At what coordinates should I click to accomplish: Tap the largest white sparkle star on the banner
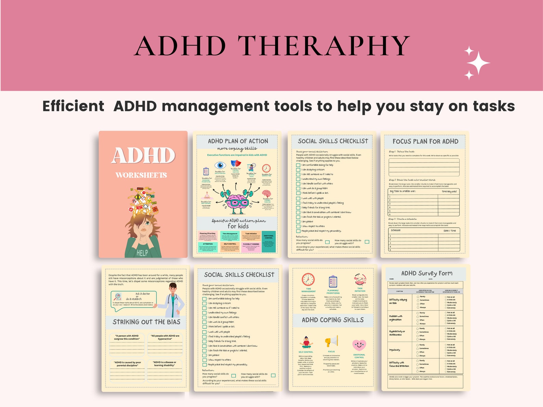478,63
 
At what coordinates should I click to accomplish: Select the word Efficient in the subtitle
73,106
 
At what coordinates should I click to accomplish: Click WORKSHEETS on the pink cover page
141,175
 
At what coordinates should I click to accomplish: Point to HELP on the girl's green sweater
142,253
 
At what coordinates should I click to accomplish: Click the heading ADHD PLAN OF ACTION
238,141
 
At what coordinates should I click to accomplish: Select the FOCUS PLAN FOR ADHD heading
425,141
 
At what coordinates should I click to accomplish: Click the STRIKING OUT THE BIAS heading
146,322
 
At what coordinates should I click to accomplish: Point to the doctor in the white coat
173,301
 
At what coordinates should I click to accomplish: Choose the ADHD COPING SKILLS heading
333,320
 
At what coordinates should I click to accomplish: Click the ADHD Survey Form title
426,273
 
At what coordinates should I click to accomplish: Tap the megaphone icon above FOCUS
331,341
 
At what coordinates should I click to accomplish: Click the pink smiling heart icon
359,345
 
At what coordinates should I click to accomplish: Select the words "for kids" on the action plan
238,226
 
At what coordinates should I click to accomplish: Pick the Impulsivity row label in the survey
395,350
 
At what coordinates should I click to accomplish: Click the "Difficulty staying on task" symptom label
398,301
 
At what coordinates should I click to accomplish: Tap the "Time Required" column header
449,191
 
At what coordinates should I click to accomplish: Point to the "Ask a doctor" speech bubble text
143,294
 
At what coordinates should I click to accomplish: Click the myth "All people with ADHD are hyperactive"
165,337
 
